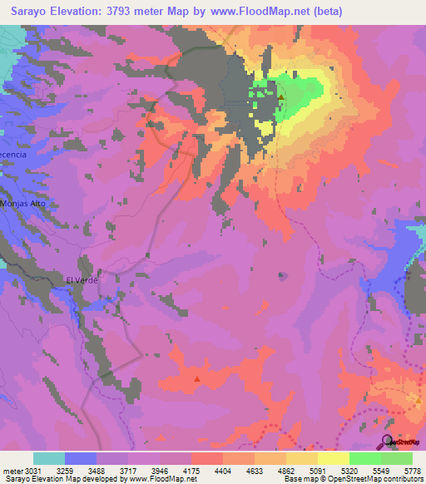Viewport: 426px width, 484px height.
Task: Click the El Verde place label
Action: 82,280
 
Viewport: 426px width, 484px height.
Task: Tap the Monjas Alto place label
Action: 22,203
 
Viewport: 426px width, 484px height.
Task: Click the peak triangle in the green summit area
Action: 281,96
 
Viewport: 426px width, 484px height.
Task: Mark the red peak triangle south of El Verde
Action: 197,378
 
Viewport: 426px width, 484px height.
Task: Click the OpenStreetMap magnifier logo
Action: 388,442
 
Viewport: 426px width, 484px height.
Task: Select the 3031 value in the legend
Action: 25,470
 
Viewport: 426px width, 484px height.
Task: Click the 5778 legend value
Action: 413,470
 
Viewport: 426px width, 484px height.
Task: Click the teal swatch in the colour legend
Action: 49,458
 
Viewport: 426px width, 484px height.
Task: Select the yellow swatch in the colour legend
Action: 334,458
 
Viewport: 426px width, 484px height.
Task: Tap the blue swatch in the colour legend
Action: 81,458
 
